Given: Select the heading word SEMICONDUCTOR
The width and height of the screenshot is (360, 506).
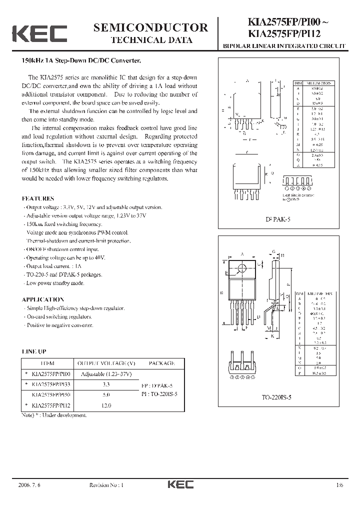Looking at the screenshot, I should pyautogui.click(x=150, y=27).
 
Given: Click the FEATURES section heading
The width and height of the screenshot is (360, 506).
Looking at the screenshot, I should pyautogui.click(x=38, y=198).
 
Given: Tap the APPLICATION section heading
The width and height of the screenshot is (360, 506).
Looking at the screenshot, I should pyautogui.click(x=43, y=299).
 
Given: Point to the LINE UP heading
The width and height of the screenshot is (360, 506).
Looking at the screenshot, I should pyautogui.click(x=34, y=351).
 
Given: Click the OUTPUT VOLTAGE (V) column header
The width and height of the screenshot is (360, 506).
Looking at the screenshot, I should pyautogui.click(x=104, y=363).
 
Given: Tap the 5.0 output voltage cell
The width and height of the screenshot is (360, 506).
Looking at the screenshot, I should pyautogui.click(x=106, y=395).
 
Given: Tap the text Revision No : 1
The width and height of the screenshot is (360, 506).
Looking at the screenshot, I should pyautogui.click(x=106, y=485).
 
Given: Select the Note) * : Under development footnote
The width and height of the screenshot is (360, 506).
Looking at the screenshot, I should pyautogui.click(x=54, y=415).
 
